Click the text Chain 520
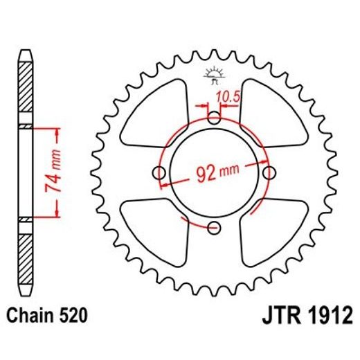[46, 316]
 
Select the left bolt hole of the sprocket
[159, 172]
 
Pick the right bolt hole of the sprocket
[267, 171]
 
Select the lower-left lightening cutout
[154, 228]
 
